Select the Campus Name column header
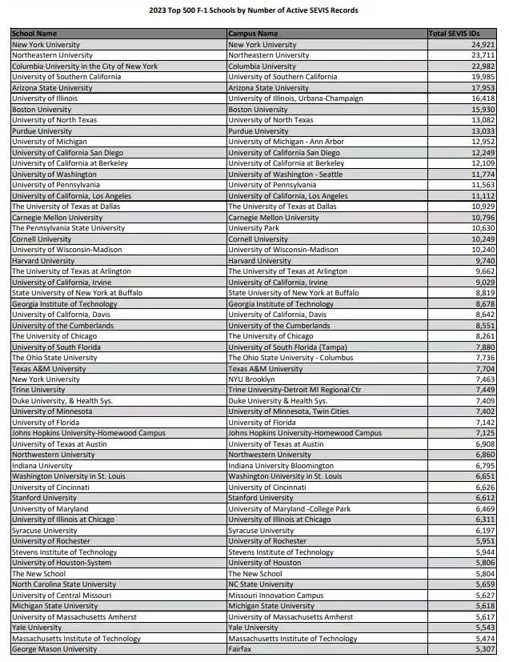(x=253, y=34)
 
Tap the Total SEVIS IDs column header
(x=462, y=34)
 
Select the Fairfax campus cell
(x=241, y=648)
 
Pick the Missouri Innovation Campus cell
(x=275, y=595)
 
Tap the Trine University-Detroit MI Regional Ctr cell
(x=295, y=390)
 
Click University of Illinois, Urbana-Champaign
(x=295, y=98)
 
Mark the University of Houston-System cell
(x=55, y=563)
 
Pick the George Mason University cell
(x=54, y=648)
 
